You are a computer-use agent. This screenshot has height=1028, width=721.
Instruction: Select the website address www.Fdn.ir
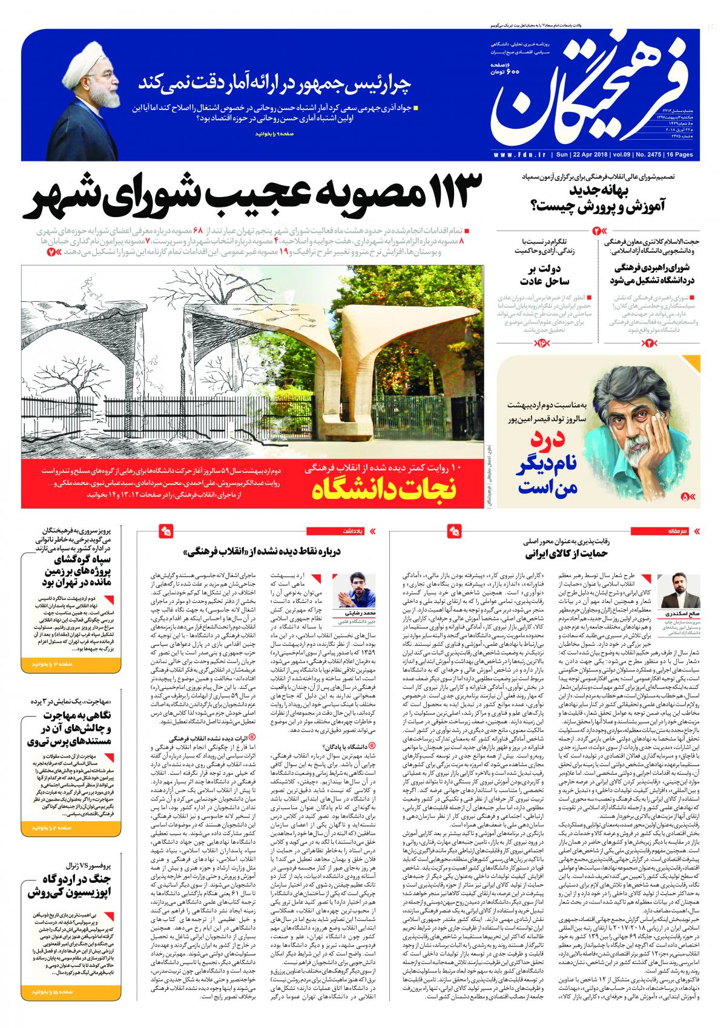click(x=520, y=155)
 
